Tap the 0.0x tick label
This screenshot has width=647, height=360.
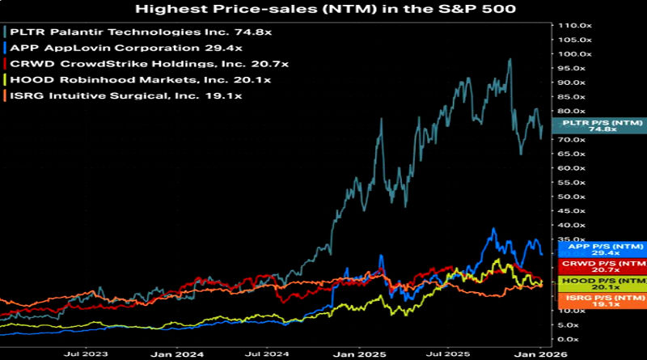(x=566, y=339)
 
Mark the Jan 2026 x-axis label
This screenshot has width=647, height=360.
(x=537, y=354)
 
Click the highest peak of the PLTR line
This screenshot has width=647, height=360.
(x=510, y=59)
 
